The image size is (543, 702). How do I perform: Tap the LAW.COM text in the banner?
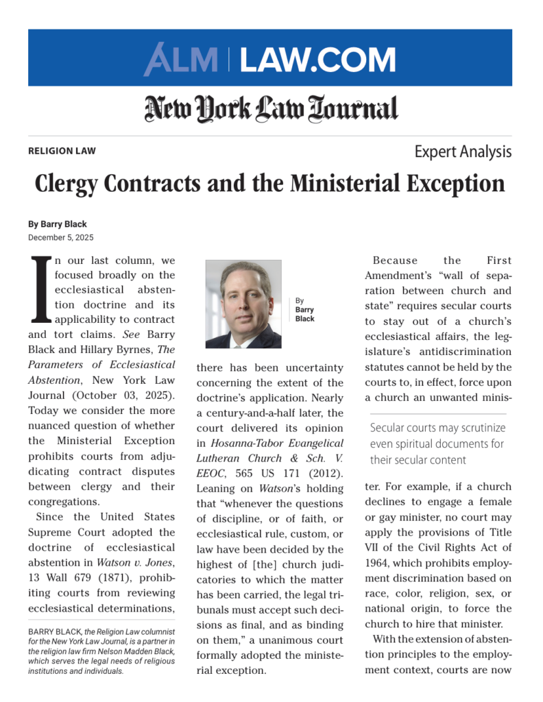pos(317,60)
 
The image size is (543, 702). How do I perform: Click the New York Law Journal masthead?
pos(271,108)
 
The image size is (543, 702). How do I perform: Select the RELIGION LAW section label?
pos(62,151)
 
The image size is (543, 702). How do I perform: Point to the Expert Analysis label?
pos(463,152)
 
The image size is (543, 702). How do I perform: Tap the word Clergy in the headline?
pos(73,184)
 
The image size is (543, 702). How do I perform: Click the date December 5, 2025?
pos(61,237)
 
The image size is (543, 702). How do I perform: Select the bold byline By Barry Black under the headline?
pos(58,224)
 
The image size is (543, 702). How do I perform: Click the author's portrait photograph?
pos(243,304)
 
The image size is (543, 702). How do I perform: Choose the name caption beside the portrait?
pos(305,310)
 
